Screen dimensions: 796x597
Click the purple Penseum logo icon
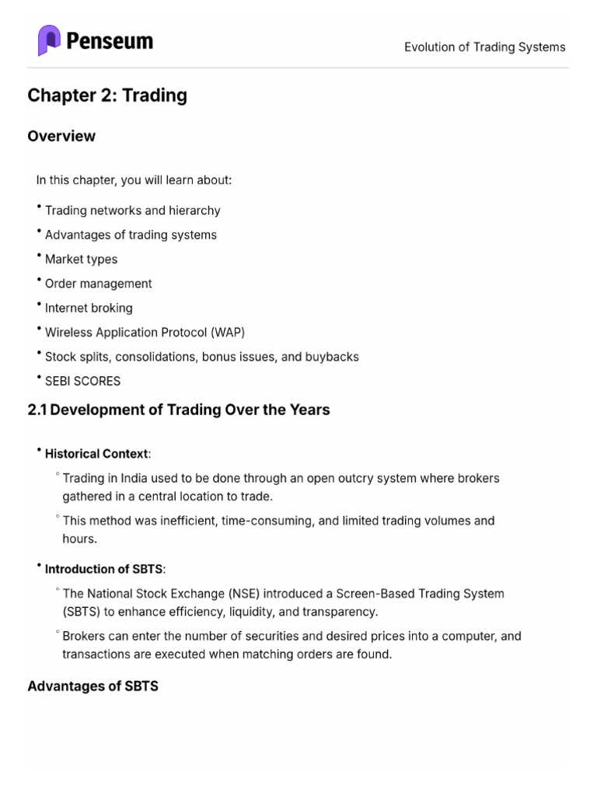pos(49,40)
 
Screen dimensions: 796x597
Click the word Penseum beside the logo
pos(110,41)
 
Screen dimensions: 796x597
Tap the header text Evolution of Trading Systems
pos(484,47)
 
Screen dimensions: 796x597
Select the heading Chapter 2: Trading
pos(107,96)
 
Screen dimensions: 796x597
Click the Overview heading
pos(61,136)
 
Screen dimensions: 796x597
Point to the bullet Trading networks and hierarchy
pos(132,211)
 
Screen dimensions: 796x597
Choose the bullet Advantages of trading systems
pos(131,235)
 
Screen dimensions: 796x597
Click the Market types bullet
pos(81,259)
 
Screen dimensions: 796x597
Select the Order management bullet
pos(98,284)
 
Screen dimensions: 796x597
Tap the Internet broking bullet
pos(89,308)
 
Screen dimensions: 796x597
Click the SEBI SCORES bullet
pos(82,381)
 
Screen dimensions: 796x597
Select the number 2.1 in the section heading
pos(37,410)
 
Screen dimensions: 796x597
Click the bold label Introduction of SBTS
pos(104,569)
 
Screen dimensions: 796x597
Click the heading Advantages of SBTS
pos(93,687)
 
